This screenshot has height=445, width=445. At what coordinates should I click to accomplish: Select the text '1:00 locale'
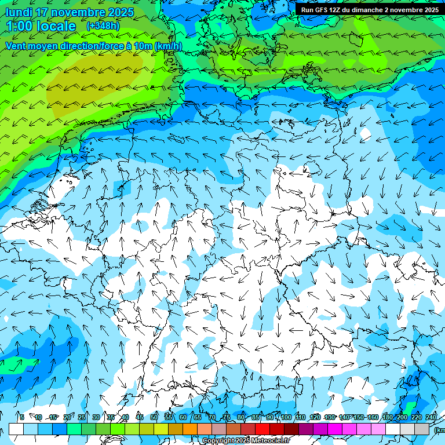[41, 26]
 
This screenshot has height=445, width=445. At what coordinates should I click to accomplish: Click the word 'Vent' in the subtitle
[17, 46]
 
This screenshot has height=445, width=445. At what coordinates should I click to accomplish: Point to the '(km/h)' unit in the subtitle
[168, 46]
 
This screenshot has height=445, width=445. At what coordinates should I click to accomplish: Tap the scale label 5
[22, 417]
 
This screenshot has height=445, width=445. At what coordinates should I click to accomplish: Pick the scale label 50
[154, 417]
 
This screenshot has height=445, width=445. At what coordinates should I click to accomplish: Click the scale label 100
[286, 417]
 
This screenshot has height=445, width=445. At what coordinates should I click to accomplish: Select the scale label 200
[402, 417]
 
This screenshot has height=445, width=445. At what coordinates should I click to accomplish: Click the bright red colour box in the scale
[262, 429]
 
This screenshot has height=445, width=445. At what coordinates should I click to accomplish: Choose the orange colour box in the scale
[190, 429]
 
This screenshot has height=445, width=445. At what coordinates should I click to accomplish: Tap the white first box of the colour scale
[16, 429]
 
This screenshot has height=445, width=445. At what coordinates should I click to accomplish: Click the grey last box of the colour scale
[422, 429]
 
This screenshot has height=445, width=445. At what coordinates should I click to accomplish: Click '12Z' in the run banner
[340, 10]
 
